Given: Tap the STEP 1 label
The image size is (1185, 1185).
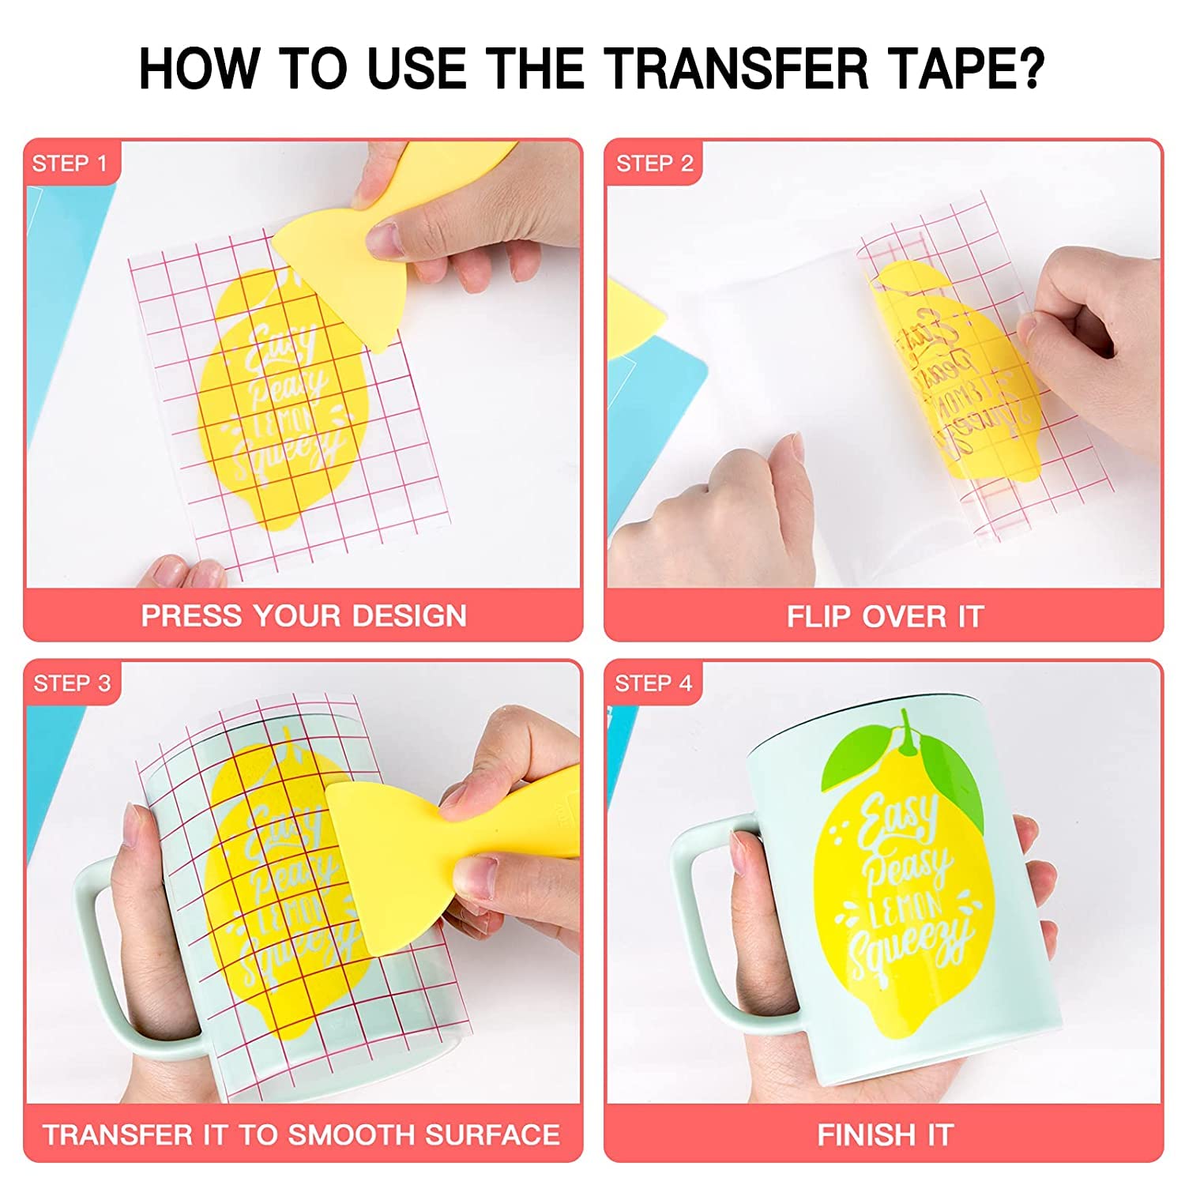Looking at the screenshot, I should [x=69, y=164].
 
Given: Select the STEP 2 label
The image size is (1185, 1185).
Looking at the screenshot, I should [x=654, y=164].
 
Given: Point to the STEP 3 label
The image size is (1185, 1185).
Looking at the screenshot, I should [x=72, y=683].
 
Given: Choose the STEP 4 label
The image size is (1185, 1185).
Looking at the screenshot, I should [x=653, y=683].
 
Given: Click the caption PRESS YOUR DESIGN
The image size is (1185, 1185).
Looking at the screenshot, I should [x=303, y=615].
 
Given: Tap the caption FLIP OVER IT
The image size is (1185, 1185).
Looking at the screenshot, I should [x=885, y=616].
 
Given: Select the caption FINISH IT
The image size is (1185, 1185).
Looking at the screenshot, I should [x=885, y=1135].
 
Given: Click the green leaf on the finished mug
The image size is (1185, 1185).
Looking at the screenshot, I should [x=857, y=758].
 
